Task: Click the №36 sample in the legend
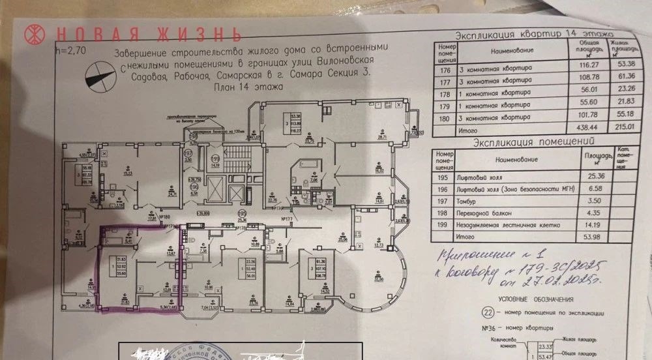487,328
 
